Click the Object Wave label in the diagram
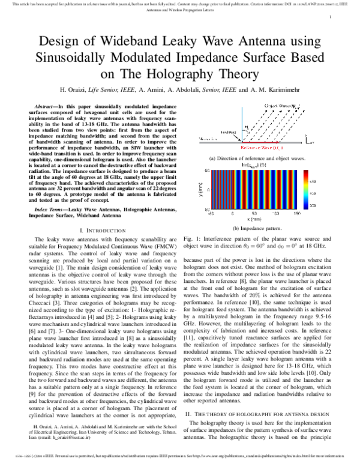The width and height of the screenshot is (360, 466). [x=280, y=107]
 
